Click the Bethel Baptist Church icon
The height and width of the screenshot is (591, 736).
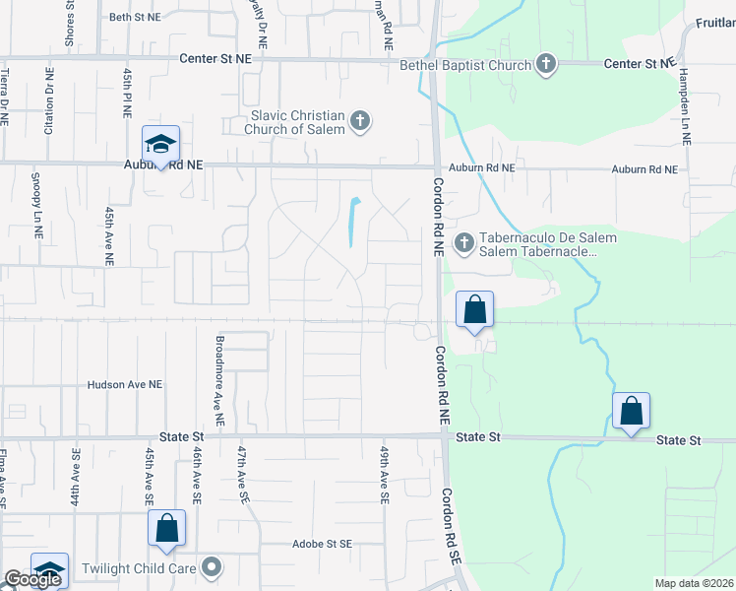pyautogui.click(x=547, y=65)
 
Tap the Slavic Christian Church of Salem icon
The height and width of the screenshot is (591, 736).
pyautogui.click(x=360, y=121)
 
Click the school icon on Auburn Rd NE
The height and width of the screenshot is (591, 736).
pyautogui.click(x=159, y=145)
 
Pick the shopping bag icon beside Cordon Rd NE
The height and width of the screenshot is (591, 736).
pyautogui.click(x=474, y=309)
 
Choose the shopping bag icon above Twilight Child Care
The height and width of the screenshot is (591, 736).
pyautogui.click(x=166, y=529)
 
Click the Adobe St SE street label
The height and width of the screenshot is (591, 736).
pyautogui.click(x=321, y=544)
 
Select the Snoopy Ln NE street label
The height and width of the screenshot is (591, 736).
pyautogui.click(x=35, y=211)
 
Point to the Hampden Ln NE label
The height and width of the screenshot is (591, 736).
pyautogui.click(x=685, y=109)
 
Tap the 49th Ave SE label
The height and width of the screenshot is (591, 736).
pyautogui.click(x=384, y=474)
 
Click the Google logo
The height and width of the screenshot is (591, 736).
pyautogui.click(x=32, y=579)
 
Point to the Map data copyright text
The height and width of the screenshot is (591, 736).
pyautogui.click(x=694, y=583)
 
